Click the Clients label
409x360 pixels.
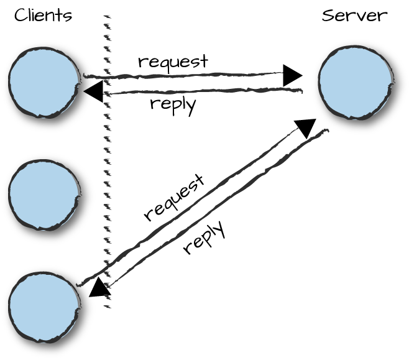point(43,15)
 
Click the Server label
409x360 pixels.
point(354,15)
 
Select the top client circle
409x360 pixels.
point(44,82)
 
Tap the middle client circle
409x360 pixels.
point(44,195)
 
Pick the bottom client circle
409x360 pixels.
point(44,307)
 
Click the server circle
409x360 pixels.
point(355,82)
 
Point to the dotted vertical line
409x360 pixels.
point(107,162)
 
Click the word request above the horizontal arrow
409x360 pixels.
point(173,62)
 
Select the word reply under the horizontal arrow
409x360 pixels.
point(173,103)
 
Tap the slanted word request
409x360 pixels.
point(173,198)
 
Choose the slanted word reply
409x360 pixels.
point(203,238)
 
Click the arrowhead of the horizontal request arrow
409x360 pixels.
point(292,75)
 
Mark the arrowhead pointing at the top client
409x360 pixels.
point(94,91)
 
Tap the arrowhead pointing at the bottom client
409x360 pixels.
point(99,287)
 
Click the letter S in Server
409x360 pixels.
point(328,15)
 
